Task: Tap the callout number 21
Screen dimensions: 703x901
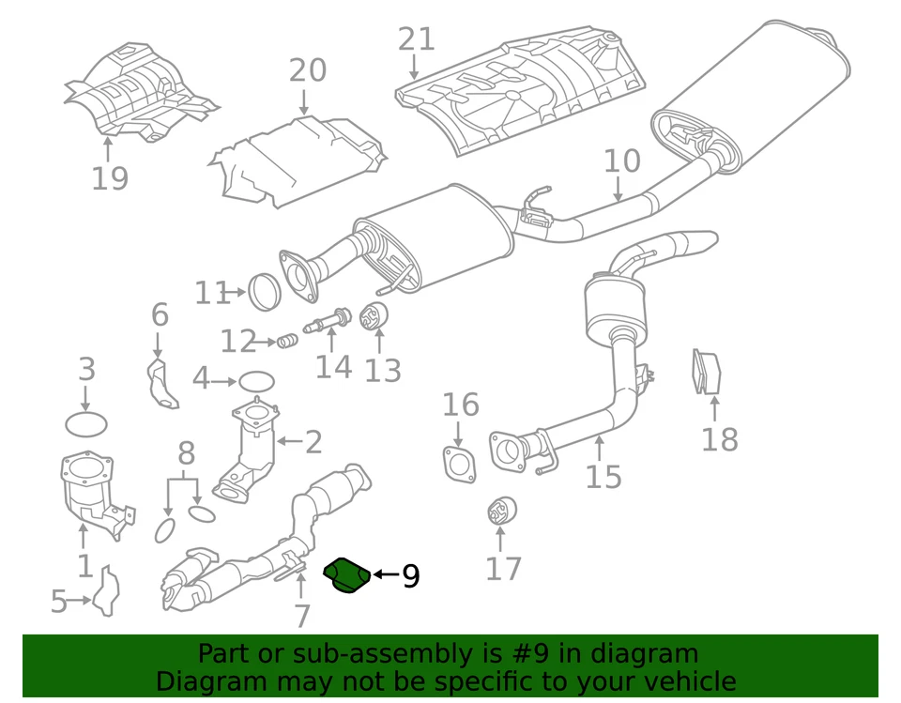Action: [417, 39]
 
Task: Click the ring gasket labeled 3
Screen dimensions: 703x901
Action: [85, 423]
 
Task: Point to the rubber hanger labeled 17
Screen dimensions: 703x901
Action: [499, 512]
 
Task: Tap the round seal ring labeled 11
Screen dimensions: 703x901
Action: [267, 292]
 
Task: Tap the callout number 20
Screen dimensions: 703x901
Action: [307, 71]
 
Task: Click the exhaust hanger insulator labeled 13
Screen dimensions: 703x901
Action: [375, 318]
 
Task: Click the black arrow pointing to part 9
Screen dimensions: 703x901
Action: [385, 574]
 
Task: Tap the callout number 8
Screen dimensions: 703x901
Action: [186, 454]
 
